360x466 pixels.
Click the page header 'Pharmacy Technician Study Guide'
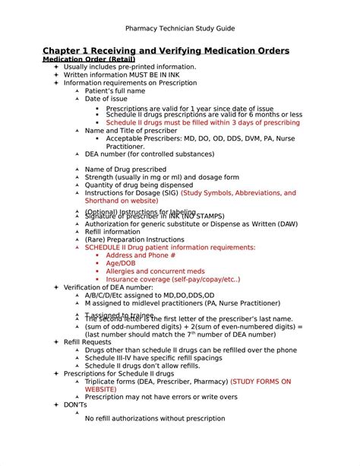point(179,28)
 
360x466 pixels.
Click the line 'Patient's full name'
point(115,91)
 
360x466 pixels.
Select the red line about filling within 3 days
point(203,122)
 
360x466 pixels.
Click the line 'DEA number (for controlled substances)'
point(149,154)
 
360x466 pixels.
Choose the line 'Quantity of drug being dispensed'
point(139,185)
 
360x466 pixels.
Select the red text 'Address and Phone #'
point(143,255)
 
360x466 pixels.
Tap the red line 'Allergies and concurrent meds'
point(155,271)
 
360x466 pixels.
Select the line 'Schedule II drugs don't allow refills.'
point(145,366)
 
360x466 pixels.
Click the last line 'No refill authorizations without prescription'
point(155,418)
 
